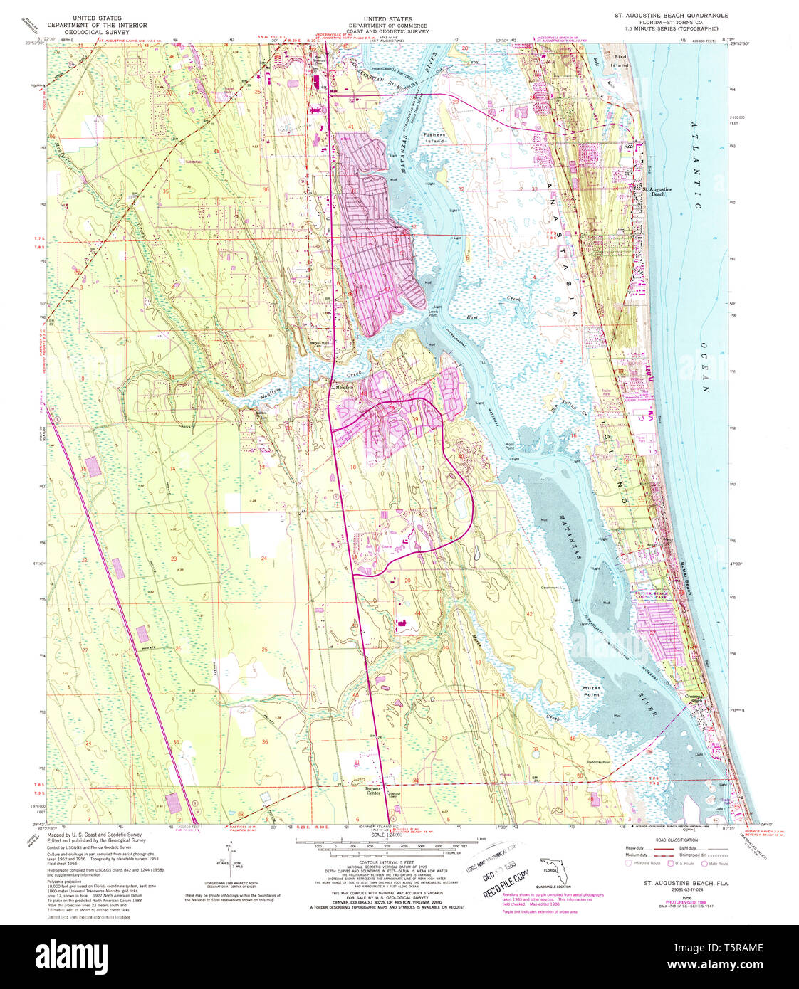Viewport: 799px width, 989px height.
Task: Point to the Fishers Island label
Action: pos(434,138)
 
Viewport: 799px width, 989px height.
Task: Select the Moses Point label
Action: pos(510,446)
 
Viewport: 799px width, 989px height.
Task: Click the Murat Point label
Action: pos(591,691)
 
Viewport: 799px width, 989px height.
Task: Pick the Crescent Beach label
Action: pos(694,698)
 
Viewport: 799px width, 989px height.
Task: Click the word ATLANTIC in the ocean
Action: pos(696,164)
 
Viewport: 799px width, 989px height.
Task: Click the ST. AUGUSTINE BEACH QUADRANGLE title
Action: pos(672,15)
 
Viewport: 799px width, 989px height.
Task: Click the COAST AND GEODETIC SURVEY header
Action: pos(387,32)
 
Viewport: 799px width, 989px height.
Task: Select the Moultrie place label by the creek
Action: pos(348,388)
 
